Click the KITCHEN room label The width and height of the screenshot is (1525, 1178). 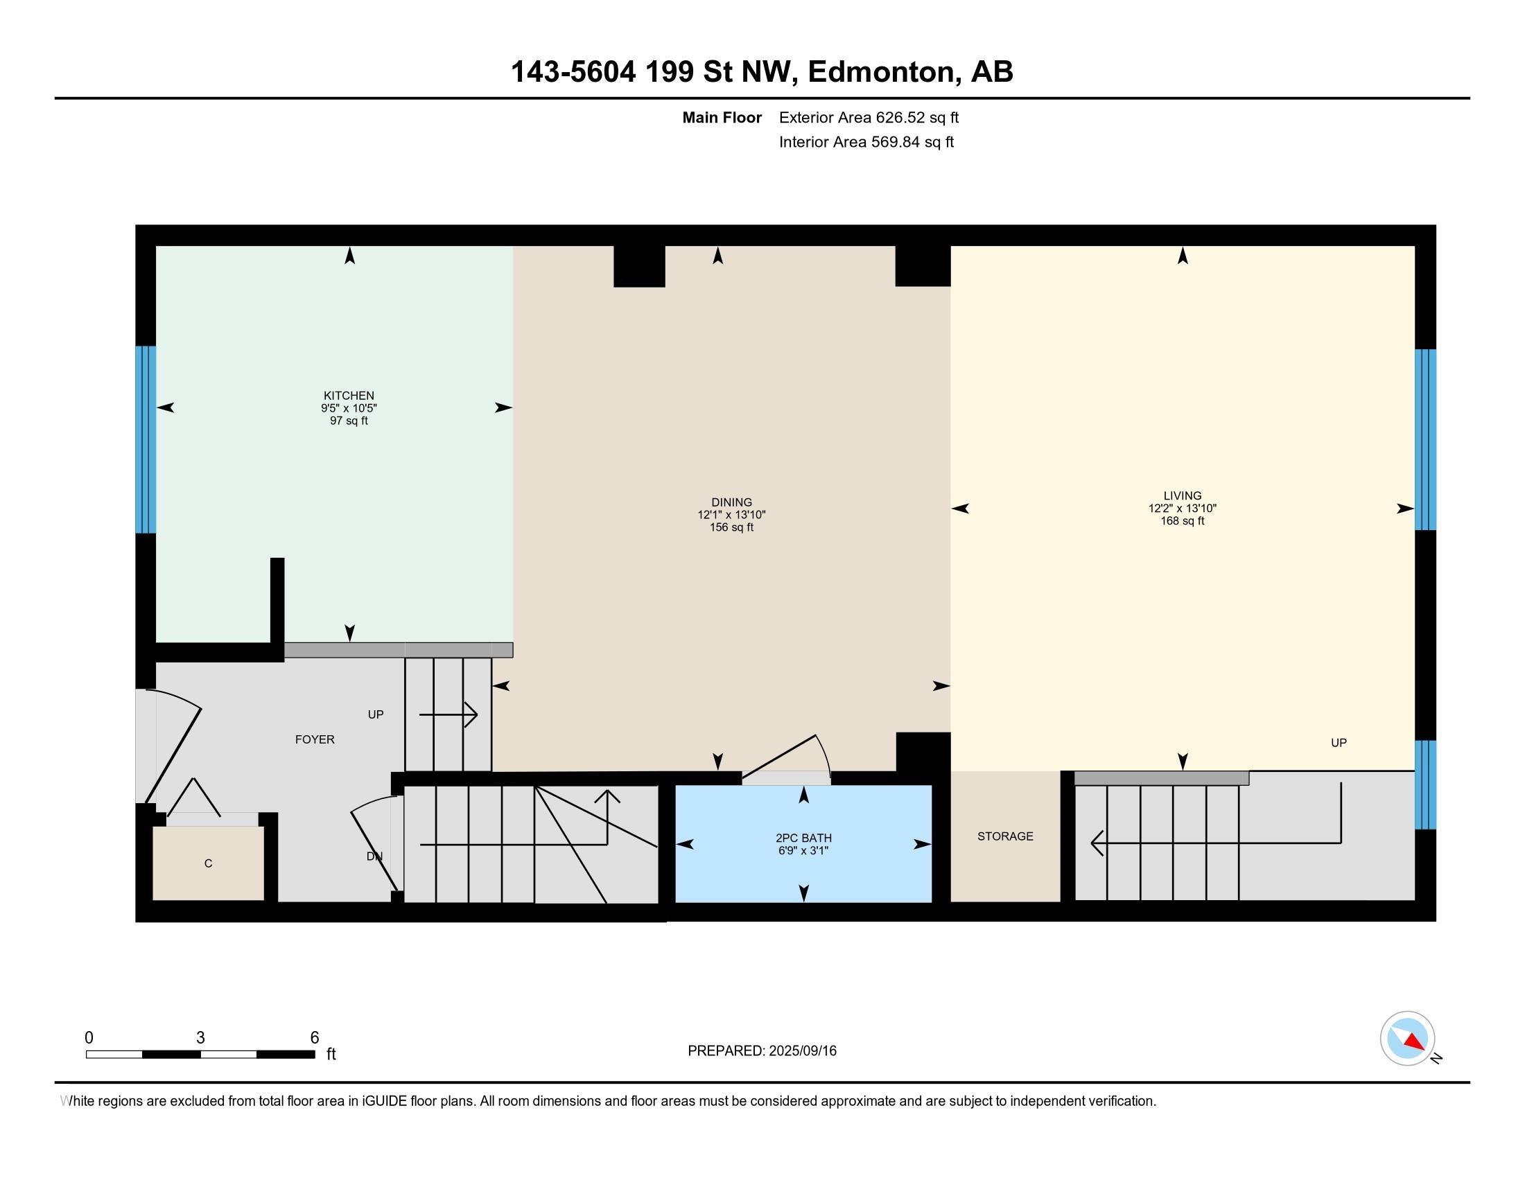tap(349, 396)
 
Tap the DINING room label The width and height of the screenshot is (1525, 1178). tap(731, 502)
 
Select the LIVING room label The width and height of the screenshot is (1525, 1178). tap(1182, 496)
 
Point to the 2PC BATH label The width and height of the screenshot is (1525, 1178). tap(803, 838)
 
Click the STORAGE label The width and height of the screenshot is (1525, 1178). tap(1005, 836)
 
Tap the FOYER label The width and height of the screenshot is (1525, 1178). tap(315, 740)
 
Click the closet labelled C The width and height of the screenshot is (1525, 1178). tap(208, 864)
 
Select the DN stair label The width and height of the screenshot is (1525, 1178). tap(374, 856)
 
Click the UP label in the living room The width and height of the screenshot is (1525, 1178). tap(1339, 743)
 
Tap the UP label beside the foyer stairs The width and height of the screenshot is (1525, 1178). tap(376, 714)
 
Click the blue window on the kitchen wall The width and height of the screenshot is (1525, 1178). tap(146, 439)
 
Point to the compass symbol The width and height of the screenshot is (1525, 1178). tap(1407, 1039)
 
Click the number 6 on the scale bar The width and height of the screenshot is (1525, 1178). tap(315, 1038)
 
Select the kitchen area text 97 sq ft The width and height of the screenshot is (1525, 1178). tap(349, 421)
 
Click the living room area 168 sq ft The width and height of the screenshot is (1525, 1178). tap(1182, 520)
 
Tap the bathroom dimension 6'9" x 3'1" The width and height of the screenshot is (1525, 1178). tap(803, 851)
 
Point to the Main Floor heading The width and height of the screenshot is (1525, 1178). tap(722, 117)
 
